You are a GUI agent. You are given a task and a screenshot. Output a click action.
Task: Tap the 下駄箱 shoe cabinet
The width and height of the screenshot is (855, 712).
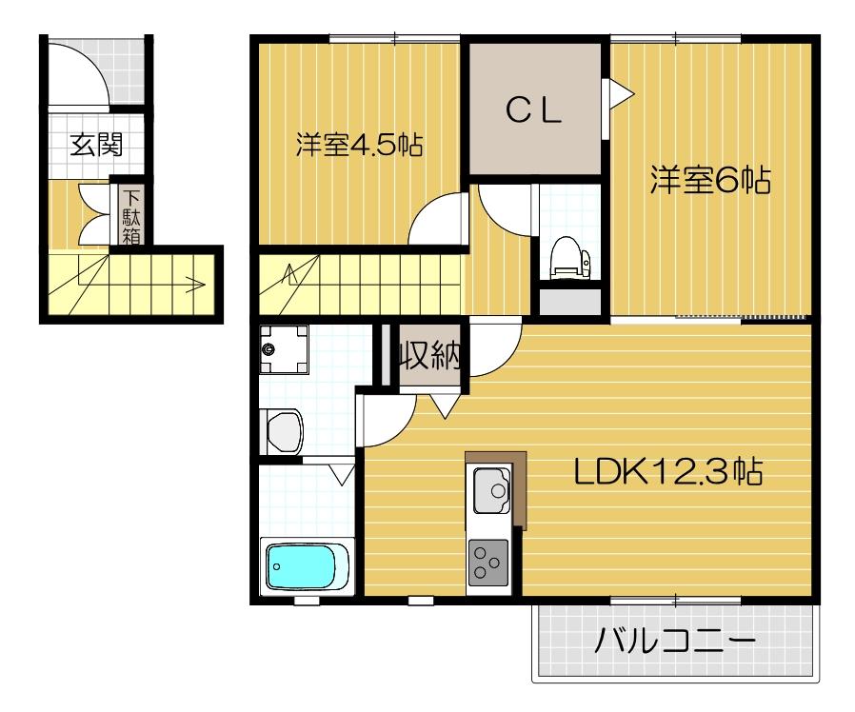[x=130, y=215]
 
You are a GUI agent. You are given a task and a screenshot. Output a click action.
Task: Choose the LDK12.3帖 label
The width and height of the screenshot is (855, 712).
[x=666, y=471]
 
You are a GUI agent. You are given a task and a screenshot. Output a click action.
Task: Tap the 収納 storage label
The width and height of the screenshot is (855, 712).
[x=428, y=356]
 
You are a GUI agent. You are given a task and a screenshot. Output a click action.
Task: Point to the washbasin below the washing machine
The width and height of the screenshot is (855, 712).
[x=281, y=431]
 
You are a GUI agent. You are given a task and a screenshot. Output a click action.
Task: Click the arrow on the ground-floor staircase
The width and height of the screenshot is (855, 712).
[x=195, y=283]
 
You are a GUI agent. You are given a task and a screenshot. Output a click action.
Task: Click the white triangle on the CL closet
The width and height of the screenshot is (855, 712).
[x=619, y=92]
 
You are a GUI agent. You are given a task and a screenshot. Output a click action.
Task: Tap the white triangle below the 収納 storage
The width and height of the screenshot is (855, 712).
[x=445, y=405]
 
